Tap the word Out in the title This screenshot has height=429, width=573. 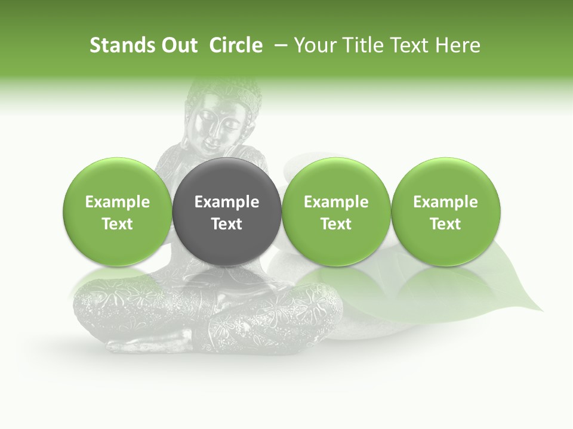point(179,45)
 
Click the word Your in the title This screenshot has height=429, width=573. point(313,45)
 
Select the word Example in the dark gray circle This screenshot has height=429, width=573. point(227,202)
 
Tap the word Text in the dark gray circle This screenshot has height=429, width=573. point(227,224)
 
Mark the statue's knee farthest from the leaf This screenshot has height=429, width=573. point(90,301)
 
